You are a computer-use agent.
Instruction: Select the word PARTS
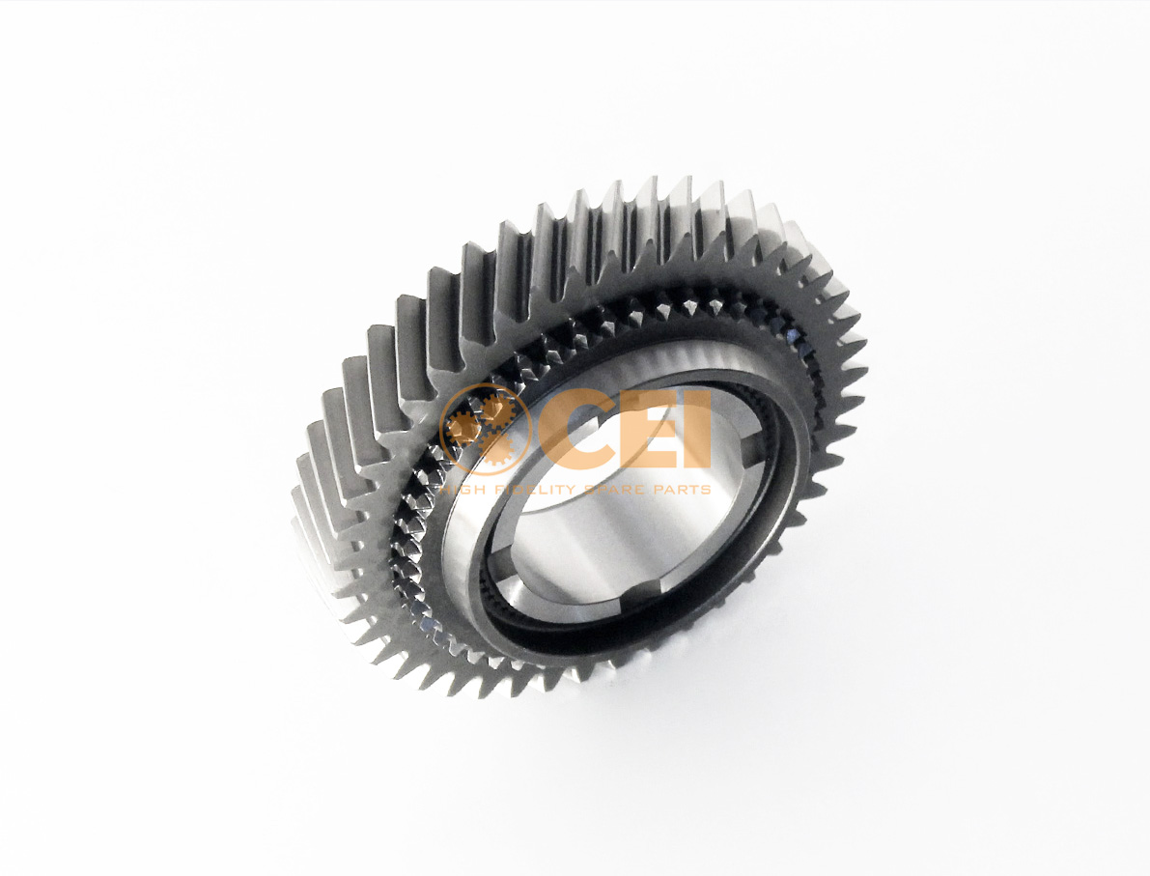click(685, 489)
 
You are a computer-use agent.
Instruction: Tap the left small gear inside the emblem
click(463, 429)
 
